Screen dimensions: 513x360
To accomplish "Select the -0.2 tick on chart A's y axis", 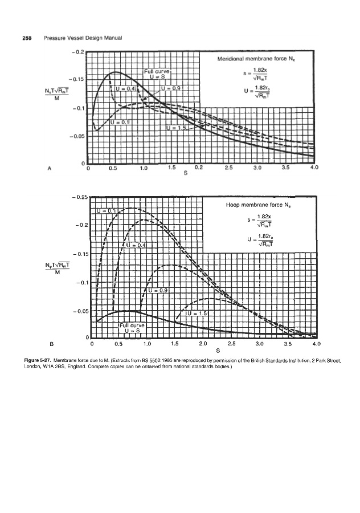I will tap(77, 52).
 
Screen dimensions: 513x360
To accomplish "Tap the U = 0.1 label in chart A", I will tap(120, 122).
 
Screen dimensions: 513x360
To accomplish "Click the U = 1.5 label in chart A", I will tap(177, 128).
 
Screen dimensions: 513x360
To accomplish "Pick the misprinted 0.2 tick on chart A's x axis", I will tap(198, 168).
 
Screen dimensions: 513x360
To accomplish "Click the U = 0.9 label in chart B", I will tap(162, 290).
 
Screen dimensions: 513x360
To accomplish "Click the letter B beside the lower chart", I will tap(51, 344).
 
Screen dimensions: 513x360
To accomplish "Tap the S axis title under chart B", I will tap(203, 352).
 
